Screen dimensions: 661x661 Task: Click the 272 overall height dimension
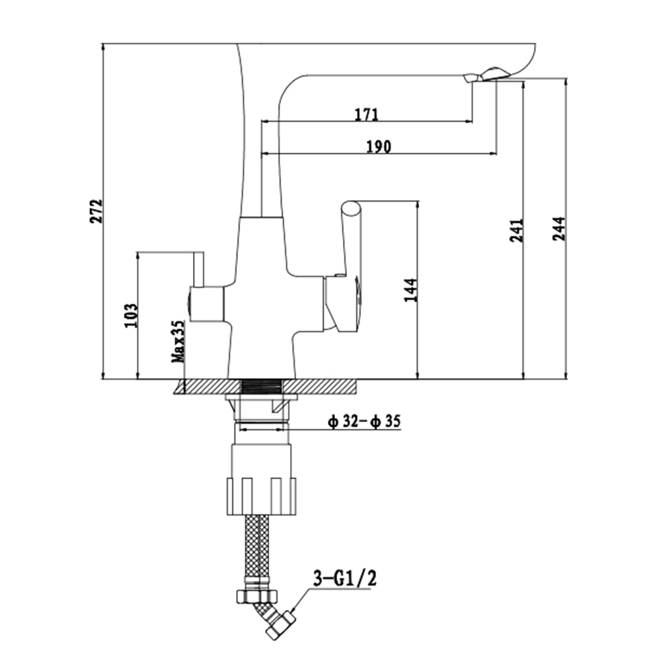point(97,212)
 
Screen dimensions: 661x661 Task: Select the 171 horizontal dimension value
point(366,114)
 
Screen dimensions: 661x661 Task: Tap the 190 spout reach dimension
point(378,147)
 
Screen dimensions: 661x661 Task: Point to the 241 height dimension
point(516,230)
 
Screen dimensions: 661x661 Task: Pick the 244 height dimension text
point(559,229)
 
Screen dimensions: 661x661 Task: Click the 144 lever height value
point(410,290)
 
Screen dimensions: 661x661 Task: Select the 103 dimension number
point(131,315)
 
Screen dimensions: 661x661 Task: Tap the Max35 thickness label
point(178,342)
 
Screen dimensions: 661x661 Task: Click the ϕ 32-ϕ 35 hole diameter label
point(364,421)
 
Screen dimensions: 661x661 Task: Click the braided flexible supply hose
point(256,547)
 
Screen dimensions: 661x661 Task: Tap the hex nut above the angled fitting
point(257,596)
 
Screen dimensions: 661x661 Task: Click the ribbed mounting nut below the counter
point(262,496)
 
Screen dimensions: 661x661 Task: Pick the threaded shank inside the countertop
point(262,386)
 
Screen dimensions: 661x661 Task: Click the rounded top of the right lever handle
point(351,209)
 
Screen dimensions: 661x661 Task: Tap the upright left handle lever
point(198,270)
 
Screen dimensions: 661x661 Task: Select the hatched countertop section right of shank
point(321,386)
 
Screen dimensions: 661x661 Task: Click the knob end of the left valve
point(188,304)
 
